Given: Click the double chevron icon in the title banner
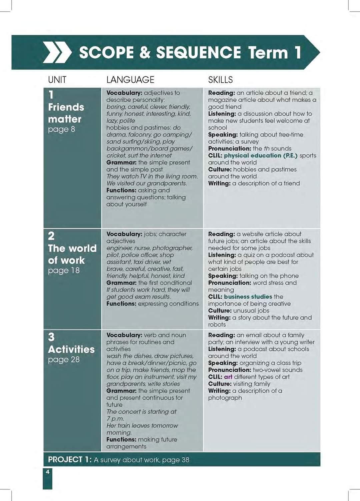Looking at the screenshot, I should pyautogui.click(x=57, y=53).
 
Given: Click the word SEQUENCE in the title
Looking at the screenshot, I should pyautogui.click(x=198, y=52).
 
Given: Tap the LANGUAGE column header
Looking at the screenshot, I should pyautogui.click(x=130, y=80).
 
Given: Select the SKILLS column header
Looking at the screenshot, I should pyautogui.click(x=220, y=80).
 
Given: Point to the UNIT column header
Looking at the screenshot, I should pyautogui.click(x=57, y=80).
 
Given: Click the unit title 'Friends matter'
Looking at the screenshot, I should pyautogui.click(x=66, y=113).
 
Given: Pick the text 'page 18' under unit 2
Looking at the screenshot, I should pyautogui.click(x=64, y=270).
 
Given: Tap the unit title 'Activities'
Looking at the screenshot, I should pyautogui.click(x=71, y=349).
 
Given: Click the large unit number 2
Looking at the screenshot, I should pyautogui.click(x=51, y=236).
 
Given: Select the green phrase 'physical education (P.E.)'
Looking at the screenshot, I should pyautogui.click(x=260, y=155).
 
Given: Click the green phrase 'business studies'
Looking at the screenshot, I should pyautogui.click(x=248, y=297).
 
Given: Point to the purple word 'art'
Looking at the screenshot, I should pyautogui.click(x=228, y=377).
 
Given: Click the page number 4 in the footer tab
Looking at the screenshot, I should pyautogui.click(x=48, y=472).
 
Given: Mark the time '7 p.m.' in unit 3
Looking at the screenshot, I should pyautogui.click(x=115, y=419).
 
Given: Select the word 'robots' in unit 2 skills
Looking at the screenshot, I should pyautogui.click(x=217, y=325).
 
